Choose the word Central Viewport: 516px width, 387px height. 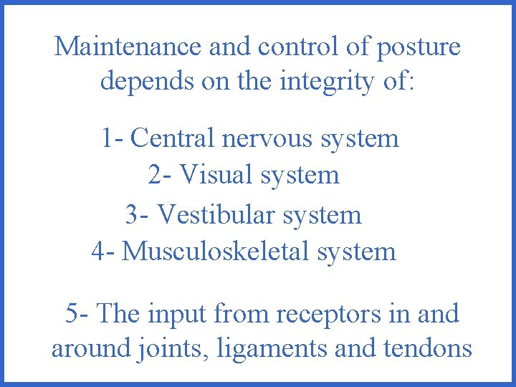tap(173, 137)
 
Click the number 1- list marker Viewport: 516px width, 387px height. tap(113, 137)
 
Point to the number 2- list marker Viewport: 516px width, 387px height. tap(160, 174)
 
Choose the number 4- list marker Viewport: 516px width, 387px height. tap(103, 251)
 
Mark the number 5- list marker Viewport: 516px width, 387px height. tap(77, 313)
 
